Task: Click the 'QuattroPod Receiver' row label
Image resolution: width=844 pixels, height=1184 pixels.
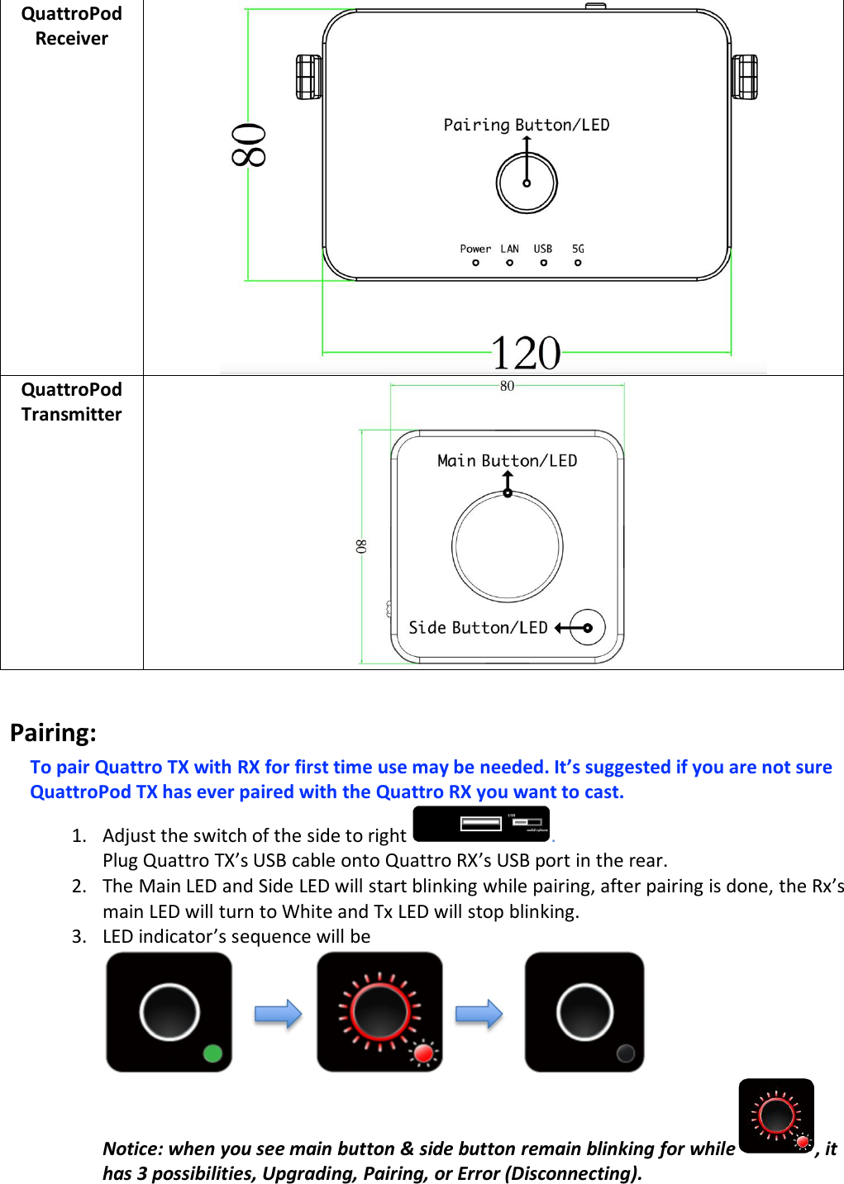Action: [x=71, y=26]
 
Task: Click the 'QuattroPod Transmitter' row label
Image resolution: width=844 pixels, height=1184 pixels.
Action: [x=71, y=402]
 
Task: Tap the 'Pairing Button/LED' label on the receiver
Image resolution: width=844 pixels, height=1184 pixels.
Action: [x=526, y=125]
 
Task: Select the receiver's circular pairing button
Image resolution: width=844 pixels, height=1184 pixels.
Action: [x=527, y=183]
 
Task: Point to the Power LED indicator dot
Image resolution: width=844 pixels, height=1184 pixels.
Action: [x=475, y=263]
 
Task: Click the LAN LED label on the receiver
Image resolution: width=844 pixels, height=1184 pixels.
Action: [x=509, y=249]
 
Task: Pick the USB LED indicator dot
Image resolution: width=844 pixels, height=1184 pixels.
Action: [x=543, y=263]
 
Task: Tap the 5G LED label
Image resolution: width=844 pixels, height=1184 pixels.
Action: [x=578, y=249]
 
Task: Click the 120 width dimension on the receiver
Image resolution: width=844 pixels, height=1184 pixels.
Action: [x=526, y=354]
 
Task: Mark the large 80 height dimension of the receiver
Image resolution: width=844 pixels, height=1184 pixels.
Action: [x=248, y=145]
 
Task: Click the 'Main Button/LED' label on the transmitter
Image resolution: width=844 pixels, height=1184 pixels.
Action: [x=507, y=461]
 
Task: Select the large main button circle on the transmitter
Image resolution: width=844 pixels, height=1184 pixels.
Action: [x=508, y=547]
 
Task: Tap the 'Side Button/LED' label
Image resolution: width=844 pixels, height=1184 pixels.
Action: [x=478, y=628]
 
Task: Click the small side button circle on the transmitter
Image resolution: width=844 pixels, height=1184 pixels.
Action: [x=588, y=628]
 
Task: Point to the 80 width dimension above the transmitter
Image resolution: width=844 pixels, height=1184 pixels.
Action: [x=507, y=386]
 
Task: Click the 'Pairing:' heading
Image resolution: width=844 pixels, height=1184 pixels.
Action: [x=53, y=733]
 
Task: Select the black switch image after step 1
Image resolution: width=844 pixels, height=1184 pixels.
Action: [x=481, y=824]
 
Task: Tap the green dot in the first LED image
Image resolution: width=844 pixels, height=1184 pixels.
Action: [x=212, y=1053]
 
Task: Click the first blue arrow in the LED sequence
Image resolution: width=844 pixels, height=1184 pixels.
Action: [x=278, y=1014]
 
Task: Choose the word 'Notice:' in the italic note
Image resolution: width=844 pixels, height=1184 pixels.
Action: [x=132, y=1148]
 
